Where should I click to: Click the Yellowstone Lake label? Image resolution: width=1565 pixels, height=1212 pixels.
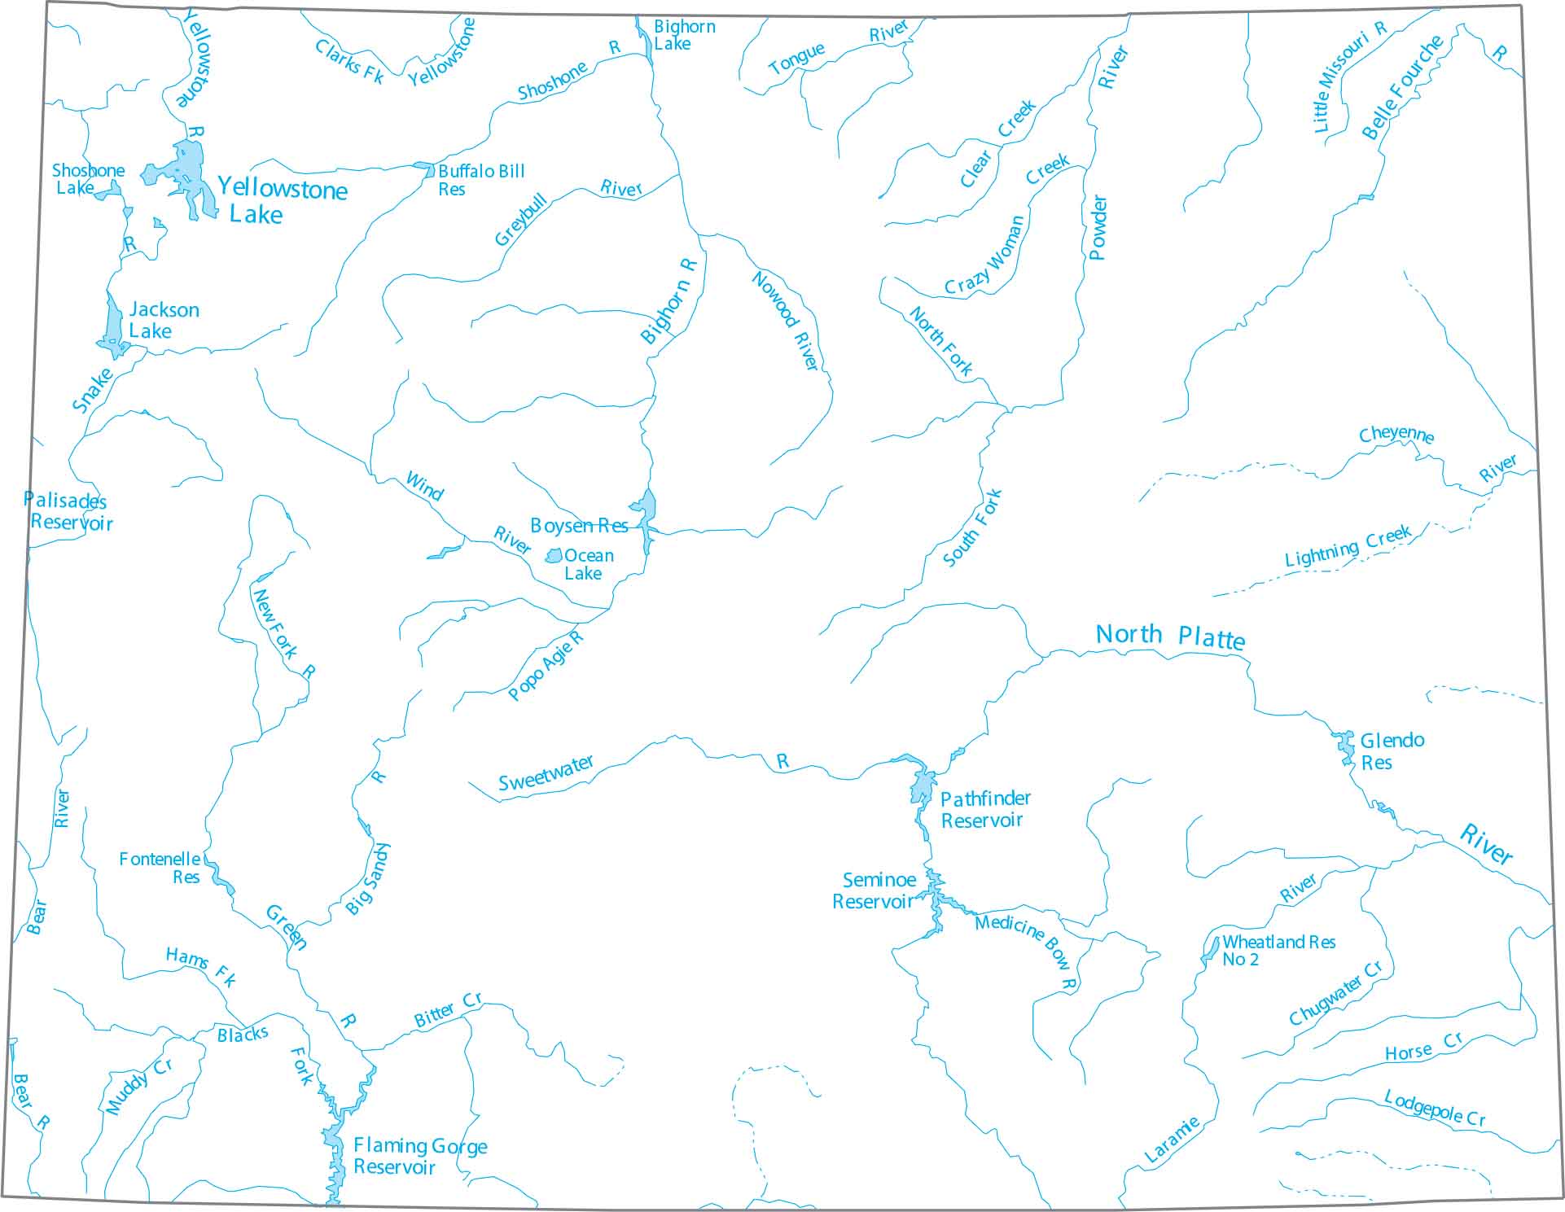click(282, 201)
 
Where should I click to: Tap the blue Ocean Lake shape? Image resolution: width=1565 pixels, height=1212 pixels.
click(554, 556)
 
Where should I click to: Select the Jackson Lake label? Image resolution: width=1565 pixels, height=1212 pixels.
click(163, 320)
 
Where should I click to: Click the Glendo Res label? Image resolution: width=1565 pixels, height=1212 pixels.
click(1391, 751)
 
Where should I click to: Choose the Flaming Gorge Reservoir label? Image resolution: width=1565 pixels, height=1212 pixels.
click(419, 1156)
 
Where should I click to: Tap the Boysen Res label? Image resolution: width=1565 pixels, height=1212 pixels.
click(579, 526)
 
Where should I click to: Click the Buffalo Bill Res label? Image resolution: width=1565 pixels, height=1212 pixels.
click(480, 180)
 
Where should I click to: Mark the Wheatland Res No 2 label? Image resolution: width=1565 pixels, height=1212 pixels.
click(1278, 950)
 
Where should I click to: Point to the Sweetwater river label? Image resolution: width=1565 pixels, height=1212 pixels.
click(546, 773)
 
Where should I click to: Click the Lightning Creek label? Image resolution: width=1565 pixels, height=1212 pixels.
click(1347, 548)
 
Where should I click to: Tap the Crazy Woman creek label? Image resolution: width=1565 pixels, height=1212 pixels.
click(985, 256)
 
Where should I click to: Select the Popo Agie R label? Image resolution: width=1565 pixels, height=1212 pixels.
click(545, 666)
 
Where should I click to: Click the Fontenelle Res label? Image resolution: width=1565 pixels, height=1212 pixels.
click(160, 868)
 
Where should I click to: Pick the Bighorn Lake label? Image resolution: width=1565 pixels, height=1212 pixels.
click(683, 35)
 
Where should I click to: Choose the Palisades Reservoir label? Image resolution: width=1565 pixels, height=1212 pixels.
click(68, 512)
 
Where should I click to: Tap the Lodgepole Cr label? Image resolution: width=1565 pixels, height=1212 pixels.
click(1435, 1109)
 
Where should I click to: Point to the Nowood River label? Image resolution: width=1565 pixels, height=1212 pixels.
click(784, 321)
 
